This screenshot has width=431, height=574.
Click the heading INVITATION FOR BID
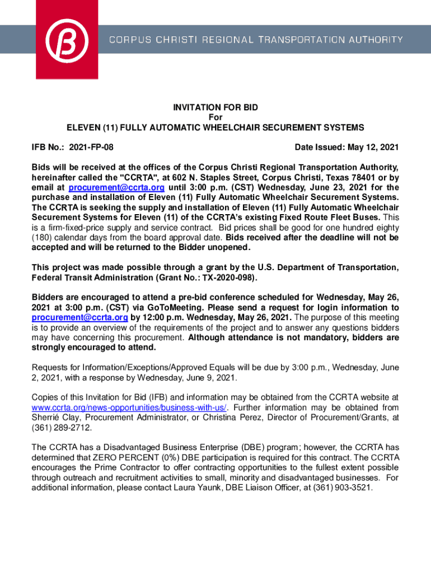pyautogui.click(x=215, y=107)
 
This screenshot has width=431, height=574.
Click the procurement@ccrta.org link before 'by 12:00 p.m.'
pyautogui.click(x=80, y=317)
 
